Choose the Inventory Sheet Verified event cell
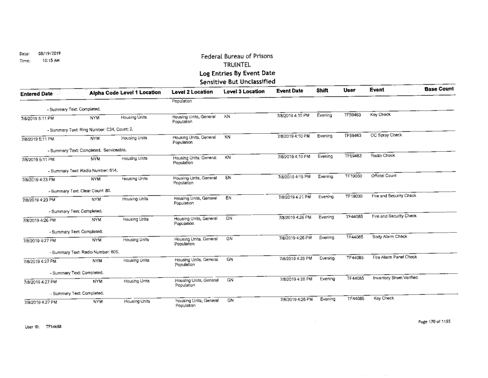pyautogui.click(x=393, y=276)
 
